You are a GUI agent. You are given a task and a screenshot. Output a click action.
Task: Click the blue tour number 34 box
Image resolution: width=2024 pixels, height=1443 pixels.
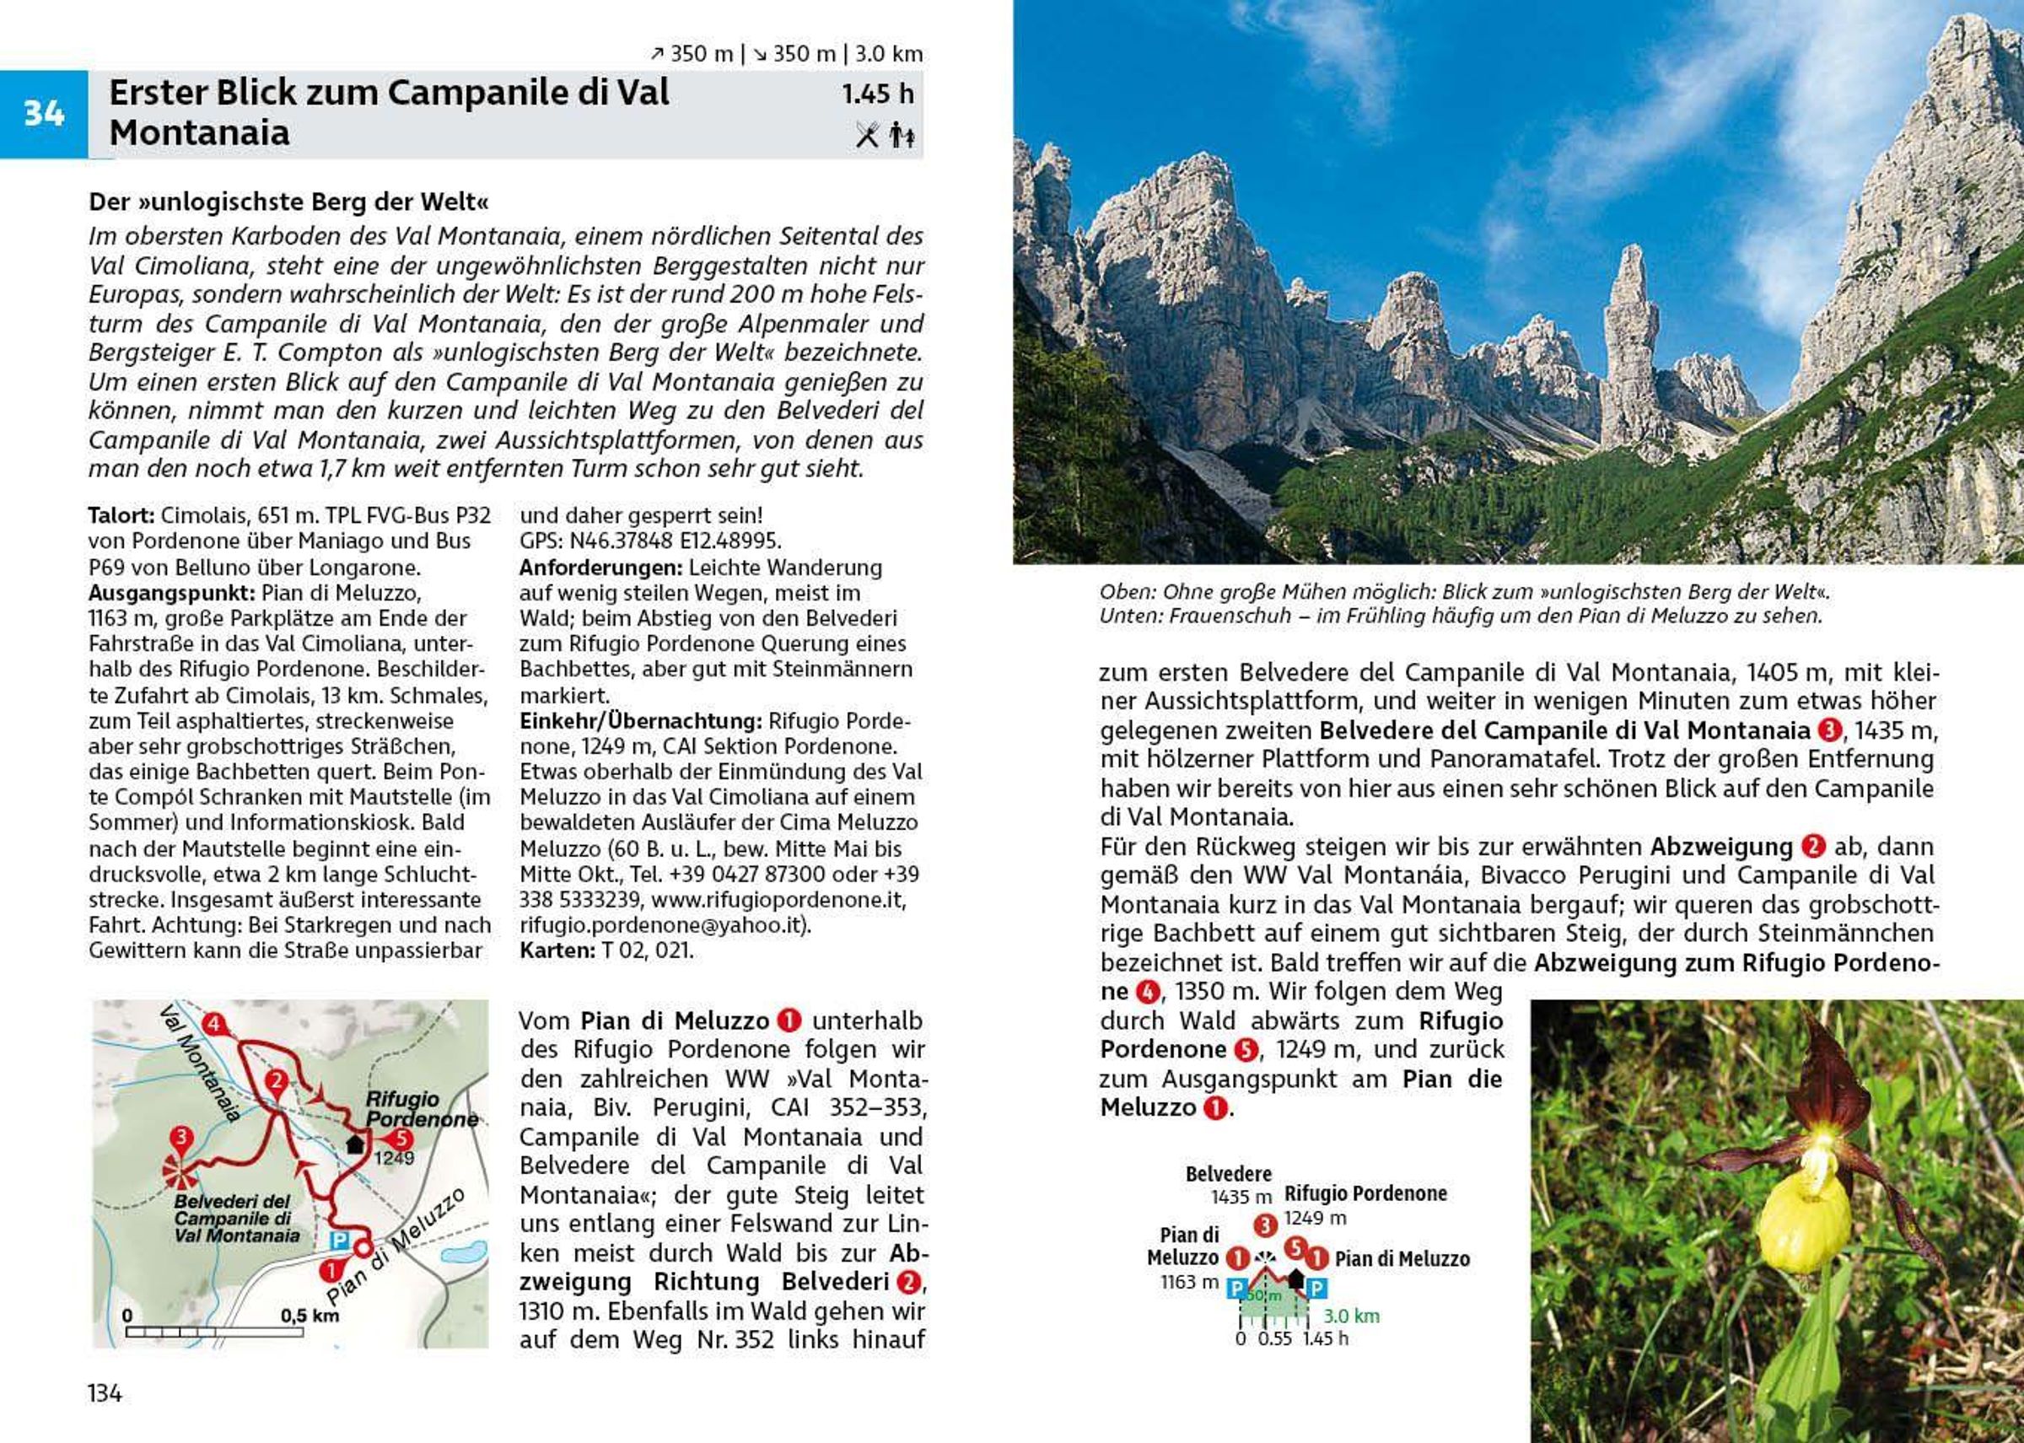coord(44,114)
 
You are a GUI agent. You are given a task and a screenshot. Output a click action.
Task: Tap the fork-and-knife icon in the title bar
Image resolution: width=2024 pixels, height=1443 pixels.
coord(867,135)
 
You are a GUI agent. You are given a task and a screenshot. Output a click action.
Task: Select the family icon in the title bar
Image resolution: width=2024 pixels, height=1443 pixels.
coord(902,135)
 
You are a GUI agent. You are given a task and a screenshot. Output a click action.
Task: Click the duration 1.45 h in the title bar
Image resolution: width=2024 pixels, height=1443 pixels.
coord(877,94)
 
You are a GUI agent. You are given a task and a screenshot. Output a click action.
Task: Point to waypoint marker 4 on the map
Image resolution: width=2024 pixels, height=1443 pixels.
coord(213,1024)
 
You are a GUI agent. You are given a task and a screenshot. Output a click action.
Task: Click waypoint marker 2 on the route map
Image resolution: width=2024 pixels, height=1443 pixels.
coord(277,1080)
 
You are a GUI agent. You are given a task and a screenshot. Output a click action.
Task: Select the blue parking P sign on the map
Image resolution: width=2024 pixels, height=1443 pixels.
coord(339,1240)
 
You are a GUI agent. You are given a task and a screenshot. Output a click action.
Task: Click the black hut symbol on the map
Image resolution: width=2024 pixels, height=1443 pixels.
coord(354,1144)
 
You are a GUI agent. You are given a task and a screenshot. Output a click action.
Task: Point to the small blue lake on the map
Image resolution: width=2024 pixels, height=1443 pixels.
coord(463,1254)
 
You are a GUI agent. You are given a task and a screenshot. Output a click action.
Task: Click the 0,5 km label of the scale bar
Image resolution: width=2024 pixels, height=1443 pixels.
coord(310,1315)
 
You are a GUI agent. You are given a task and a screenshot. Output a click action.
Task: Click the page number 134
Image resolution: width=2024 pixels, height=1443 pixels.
coord(105,1392)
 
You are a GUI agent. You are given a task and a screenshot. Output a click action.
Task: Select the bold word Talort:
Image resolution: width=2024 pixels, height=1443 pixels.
coord(121,515)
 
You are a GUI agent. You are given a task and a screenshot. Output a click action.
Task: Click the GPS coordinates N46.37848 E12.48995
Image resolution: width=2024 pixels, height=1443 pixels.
coord(650,541)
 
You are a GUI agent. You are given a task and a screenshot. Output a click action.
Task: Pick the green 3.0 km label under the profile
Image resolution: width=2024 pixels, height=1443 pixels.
coord(1351,1316)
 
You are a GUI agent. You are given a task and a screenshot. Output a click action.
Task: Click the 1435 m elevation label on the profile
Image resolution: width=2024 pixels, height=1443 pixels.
coord(1241,1197)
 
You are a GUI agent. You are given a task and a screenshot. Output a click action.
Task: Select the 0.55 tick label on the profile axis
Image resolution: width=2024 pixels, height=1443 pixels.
coord(1274,1338)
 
